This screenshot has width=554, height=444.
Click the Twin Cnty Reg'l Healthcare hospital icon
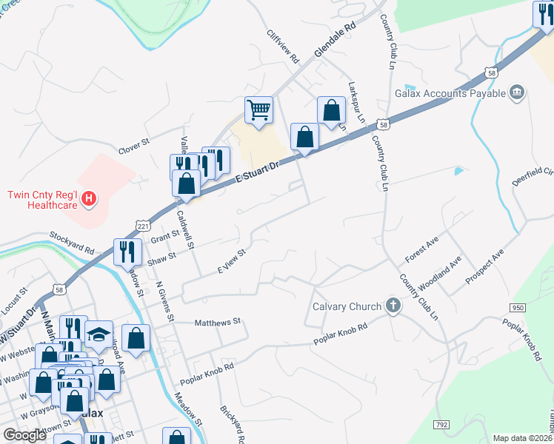pyautogui.click(x=89, y=198)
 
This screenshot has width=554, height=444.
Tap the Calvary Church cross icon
pyautogui.click(x=393, y=306)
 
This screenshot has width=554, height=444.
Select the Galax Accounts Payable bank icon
pyautogui.click(x=517, y=92)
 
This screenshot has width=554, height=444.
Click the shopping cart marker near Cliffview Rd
pyautogui.click(x=258, y=110)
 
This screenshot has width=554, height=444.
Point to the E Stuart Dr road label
pyautogui.click(x=256, y=169)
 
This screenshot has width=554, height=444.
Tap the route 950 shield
pyautogui.click(x=517, y=307)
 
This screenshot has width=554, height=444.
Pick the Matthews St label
pyautogui.click(x=218, y=322)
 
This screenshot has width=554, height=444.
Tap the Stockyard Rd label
pyautogui.click(x=73, y=242)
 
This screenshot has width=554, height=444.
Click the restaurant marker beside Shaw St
pyautogui.click(x=127, y=252)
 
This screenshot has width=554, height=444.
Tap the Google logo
pyautogui.click(x=24, y=435)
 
